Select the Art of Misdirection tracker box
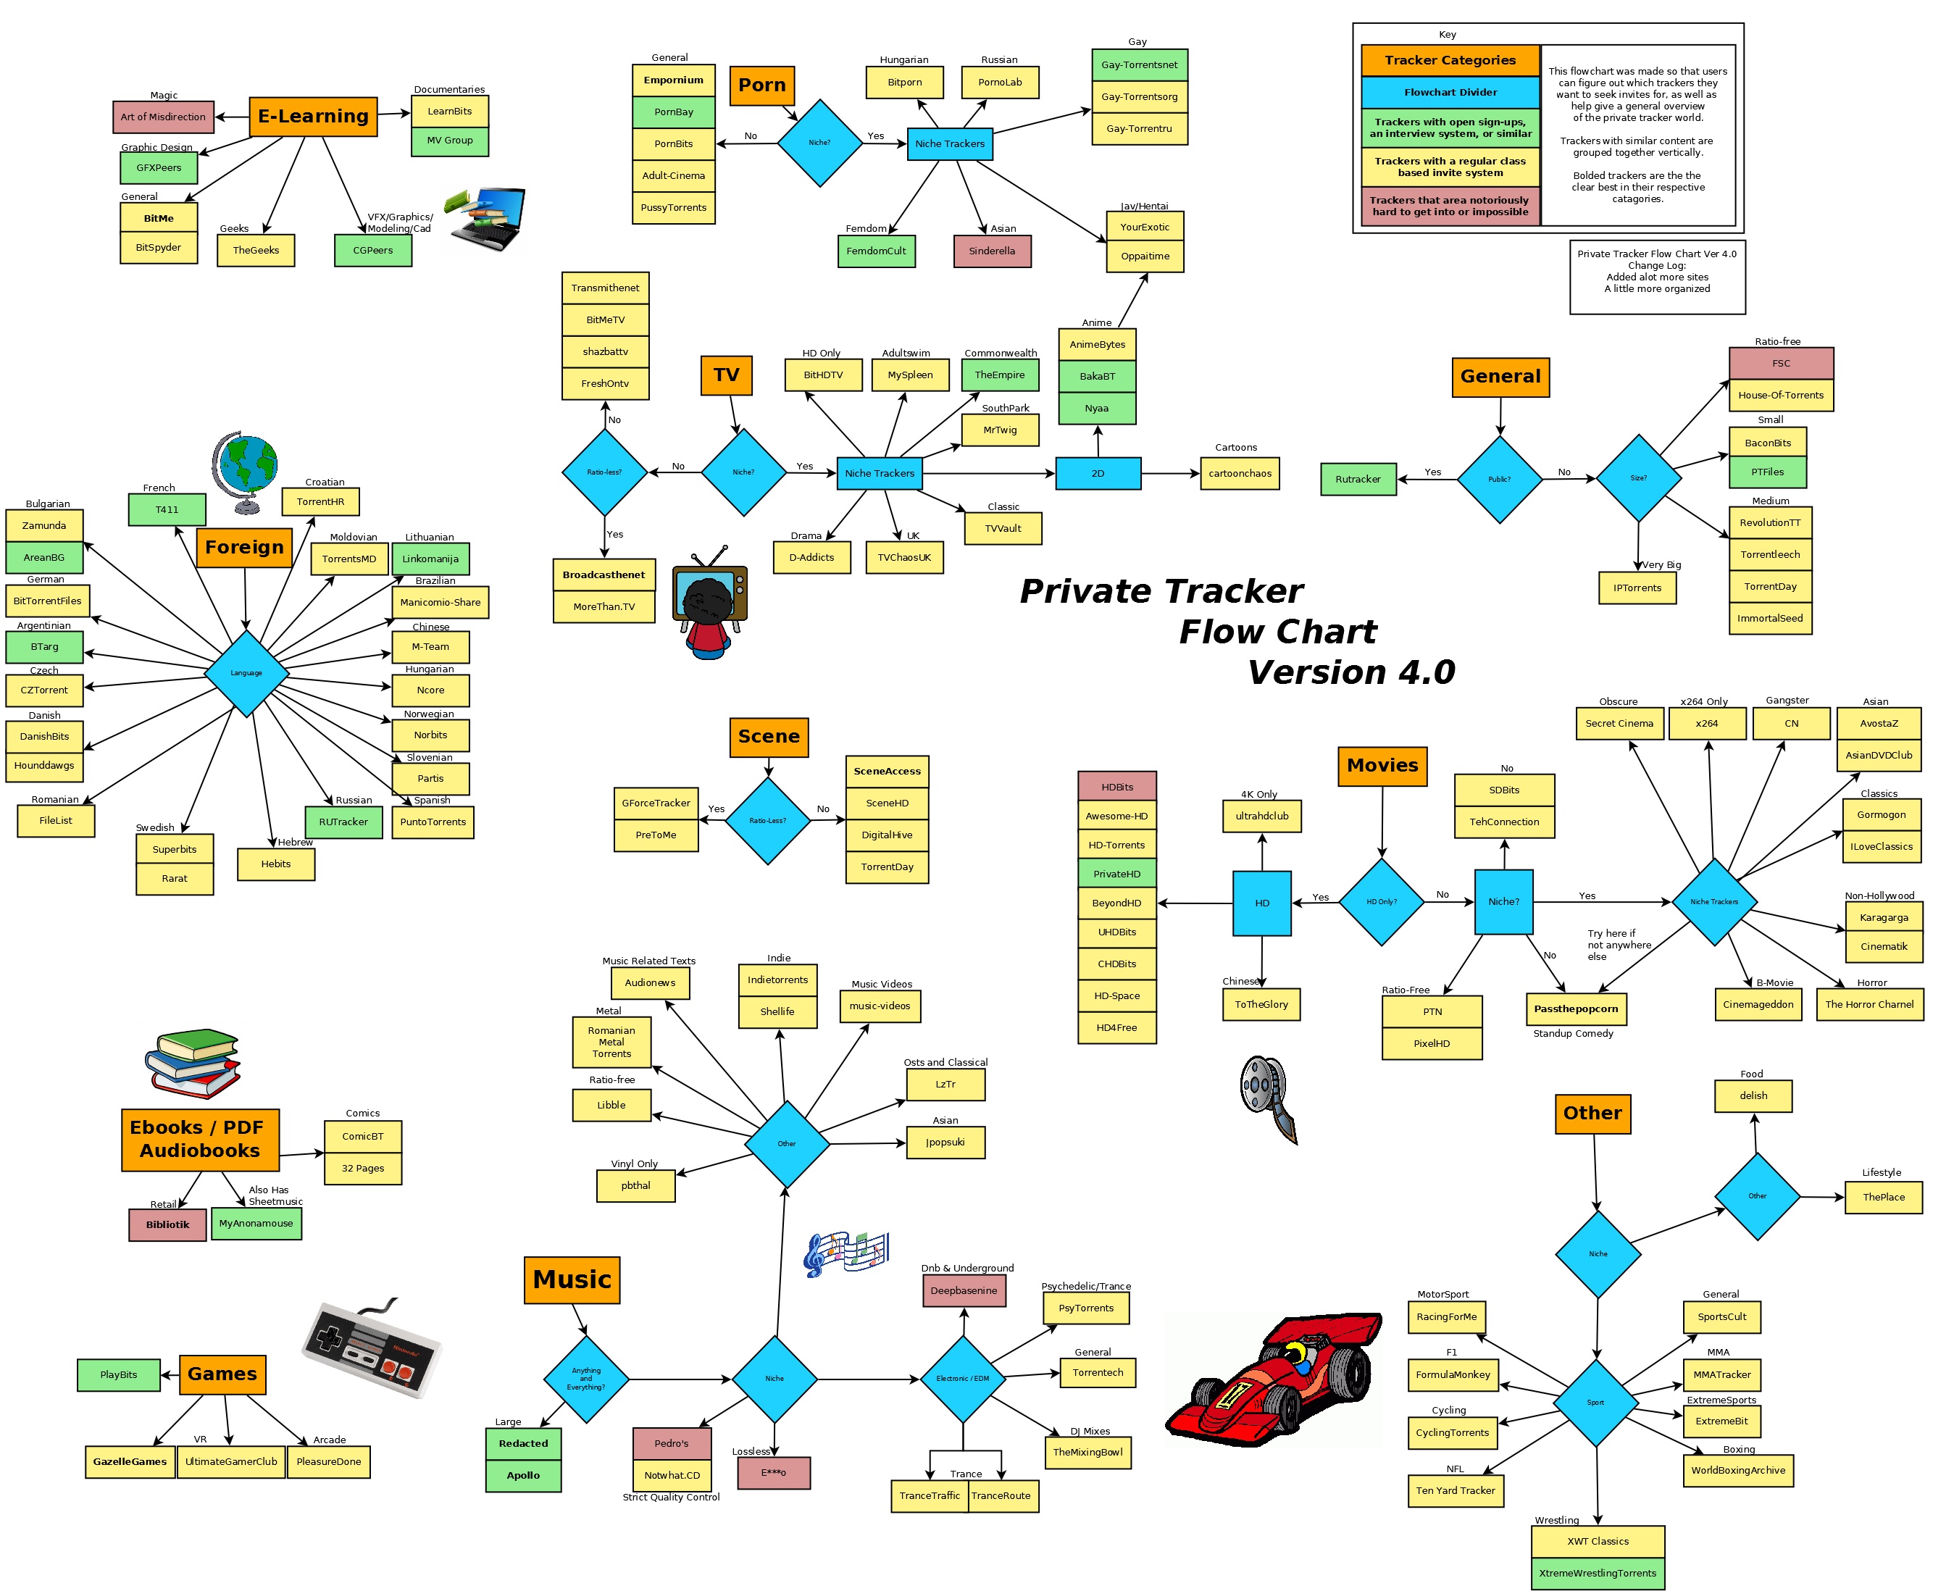(x=163, y=117)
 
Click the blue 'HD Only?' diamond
(x=1381, y=902)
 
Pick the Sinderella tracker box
(x=992, y=251)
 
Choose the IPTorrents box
(x=1637, y=588)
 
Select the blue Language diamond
(x=246, y=672)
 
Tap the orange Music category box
(x=572, y=1279)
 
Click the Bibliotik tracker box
(x=168, y=1224)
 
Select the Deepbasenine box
(x=964, y=1290)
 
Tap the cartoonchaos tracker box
(x=1239, y=474)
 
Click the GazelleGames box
(x=130, y=1462)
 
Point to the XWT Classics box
(x=1598, y=1542)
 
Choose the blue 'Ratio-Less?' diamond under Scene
(x=768, y=820)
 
